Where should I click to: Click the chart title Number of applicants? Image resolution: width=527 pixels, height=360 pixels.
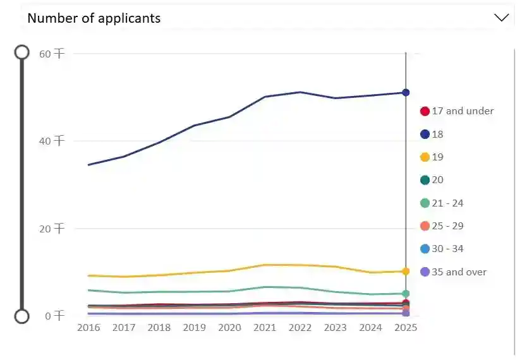94,18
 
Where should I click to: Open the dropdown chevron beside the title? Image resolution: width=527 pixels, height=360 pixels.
501,18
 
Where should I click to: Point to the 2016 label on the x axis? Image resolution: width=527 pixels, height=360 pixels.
88,328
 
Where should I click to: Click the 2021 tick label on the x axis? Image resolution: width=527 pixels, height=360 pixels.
265,328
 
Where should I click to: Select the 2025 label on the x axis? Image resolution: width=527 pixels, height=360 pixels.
406,328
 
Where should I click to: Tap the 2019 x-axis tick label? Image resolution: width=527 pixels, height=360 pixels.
194,328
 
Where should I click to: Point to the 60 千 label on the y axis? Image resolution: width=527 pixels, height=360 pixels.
52,54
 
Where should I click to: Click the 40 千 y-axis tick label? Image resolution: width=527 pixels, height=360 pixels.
52,141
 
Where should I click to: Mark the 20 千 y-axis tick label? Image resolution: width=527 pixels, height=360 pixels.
52,229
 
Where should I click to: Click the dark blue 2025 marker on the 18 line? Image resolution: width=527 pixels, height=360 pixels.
406,93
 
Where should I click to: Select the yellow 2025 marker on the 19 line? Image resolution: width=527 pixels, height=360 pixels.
406,272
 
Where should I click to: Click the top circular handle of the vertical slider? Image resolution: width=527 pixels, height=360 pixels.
22,52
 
